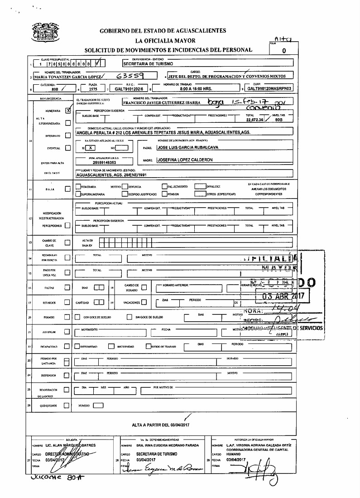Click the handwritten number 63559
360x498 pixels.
(x=130, y=76)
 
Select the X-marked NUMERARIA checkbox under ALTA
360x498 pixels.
(x=68, y=110)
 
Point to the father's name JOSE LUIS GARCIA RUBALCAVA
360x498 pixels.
(x=187, y=148)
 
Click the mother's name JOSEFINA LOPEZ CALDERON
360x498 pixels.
(x=184, y=160)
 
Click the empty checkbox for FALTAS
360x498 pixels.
(x=67, y=287)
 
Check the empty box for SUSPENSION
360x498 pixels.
(x=67, y=375)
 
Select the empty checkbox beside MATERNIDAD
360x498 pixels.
(x=111, y=347)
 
